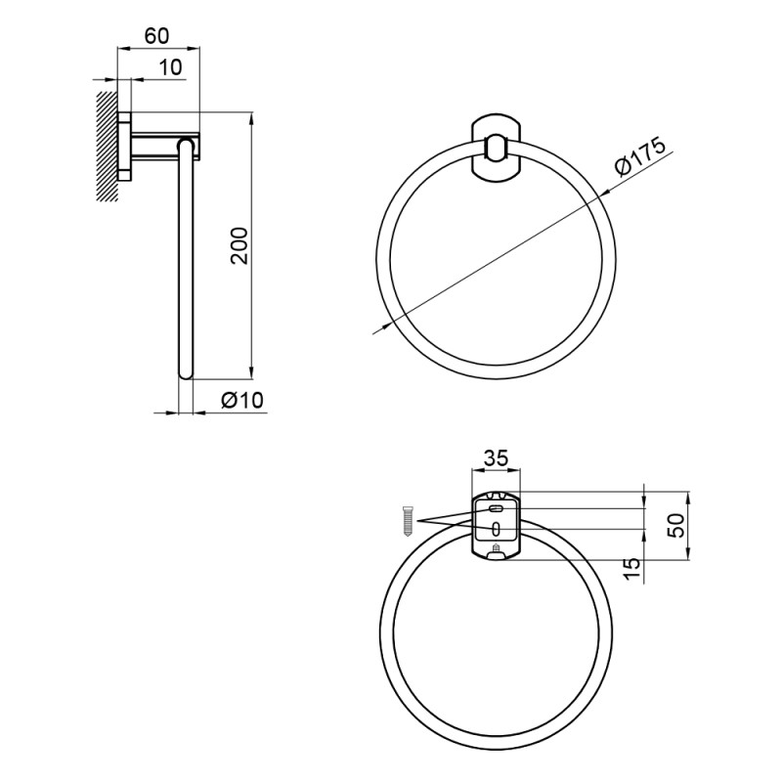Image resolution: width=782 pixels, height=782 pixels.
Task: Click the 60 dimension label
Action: [157, 36]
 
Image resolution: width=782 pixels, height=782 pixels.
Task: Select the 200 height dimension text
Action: [239, 246]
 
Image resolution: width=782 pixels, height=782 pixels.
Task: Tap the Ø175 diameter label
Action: [640, 155]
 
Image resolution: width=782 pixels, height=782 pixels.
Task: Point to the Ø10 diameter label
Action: [241, 400]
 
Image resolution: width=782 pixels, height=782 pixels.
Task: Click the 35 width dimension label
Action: [496, 457]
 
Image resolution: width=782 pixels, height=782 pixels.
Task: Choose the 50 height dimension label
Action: [676, 525]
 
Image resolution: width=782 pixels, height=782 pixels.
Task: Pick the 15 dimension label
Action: [631, 568]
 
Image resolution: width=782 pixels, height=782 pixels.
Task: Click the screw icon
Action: [408, 521]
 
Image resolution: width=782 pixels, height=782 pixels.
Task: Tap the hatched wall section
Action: [108, 146]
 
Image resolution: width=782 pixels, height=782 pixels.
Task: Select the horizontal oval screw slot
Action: [496, 509]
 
